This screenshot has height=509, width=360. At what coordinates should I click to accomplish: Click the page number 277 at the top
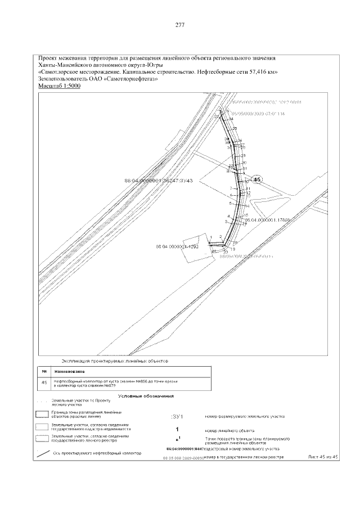[180, 25]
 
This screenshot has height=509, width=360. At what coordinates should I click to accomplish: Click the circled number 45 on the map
[257, 179]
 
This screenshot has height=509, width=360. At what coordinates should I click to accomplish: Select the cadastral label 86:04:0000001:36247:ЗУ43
[159, 181]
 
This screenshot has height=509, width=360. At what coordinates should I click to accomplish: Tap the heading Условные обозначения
[146, 397]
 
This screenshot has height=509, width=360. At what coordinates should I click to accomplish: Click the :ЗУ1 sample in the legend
[177, 417]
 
